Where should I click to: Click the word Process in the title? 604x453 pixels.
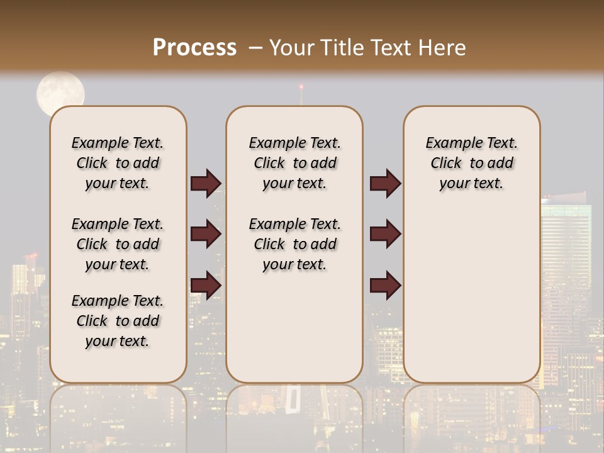(x=194, y=47)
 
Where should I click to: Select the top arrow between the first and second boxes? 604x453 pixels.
(x=206, y=183)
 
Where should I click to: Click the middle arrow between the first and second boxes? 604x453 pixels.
(x=206, y=234)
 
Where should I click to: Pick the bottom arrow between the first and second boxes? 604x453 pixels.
(x=206, y=285)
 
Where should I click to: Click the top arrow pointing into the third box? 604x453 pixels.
(x=385, y=183)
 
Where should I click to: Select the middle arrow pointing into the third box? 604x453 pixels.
(x=385, y=234)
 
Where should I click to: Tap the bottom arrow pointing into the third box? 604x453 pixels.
(x=385, y=285)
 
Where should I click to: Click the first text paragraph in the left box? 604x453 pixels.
(x=118, y=163)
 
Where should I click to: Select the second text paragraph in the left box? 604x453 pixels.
(x=118, y=244)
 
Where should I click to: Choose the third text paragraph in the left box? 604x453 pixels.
(x=118, y=321)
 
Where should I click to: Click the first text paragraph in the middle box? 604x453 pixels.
(x=294, y=163)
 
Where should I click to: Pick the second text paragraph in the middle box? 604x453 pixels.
(x=294, y=244)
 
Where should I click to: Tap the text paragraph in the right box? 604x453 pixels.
(x=471, y=163)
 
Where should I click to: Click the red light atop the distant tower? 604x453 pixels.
(x=301, y=86)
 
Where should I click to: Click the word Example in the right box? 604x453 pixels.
(x=449, y=143)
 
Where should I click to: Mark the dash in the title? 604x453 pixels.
(x=255, y=48)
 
